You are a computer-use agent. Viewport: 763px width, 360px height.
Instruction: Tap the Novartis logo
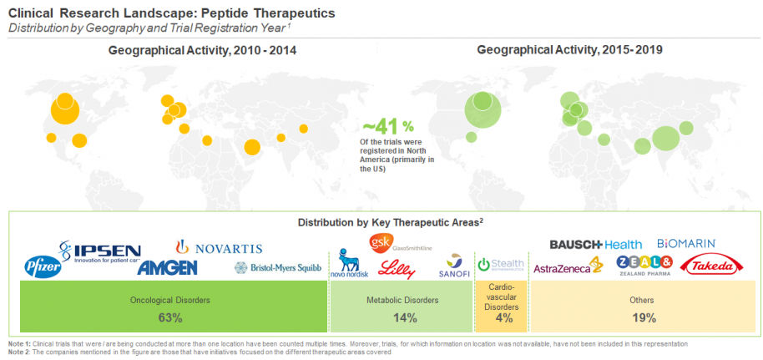[x=219, y=248]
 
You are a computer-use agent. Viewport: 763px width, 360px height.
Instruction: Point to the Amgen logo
[x=167, y=268]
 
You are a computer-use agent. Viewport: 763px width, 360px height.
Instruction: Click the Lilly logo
[x=397, y=267]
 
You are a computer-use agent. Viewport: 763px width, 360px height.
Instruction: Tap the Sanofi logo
[x=455, y=266]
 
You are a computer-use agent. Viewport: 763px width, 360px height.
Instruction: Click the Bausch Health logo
[x=595, y=244]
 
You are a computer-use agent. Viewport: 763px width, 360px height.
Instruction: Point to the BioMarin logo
[x=686, y=243]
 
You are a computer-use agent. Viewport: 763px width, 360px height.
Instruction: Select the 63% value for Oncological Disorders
[x=169, y=317]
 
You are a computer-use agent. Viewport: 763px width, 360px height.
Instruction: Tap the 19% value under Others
[x=643, y=317]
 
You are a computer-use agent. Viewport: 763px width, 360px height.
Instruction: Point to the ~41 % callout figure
[x=387, y=126]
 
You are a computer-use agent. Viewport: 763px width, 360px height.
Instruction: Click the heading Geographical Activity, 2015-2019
[x=570, y=50]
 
